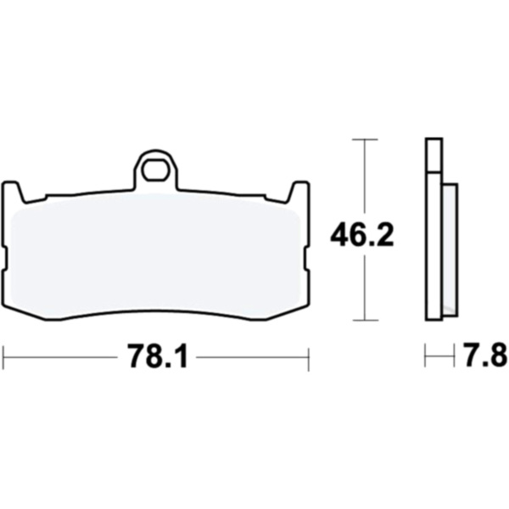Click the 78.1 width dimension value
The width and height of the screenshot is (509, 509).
pos(159,355)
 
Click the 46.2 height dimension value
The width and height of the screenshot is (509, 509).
pos(362,234)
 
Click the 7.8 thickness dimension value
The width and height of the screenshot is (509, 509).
pos(486,355)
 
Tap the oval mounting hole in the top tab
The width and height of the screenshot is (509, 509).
pos(156,170)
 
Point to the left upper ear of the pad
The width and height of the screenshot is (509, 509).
pos(14,193)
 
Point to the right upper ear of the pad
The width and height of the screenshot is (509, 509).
pos(298,193)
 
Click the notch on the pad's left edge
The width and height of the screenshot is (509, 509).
pos(4,259)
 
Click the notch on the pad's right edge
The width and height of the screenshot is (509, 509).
pos(307,259)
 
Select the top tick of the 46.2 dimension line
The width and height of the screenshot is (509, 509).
pos(365,140)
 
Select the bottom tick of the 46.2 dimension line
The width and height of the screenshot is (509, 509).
pos(365,320)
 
